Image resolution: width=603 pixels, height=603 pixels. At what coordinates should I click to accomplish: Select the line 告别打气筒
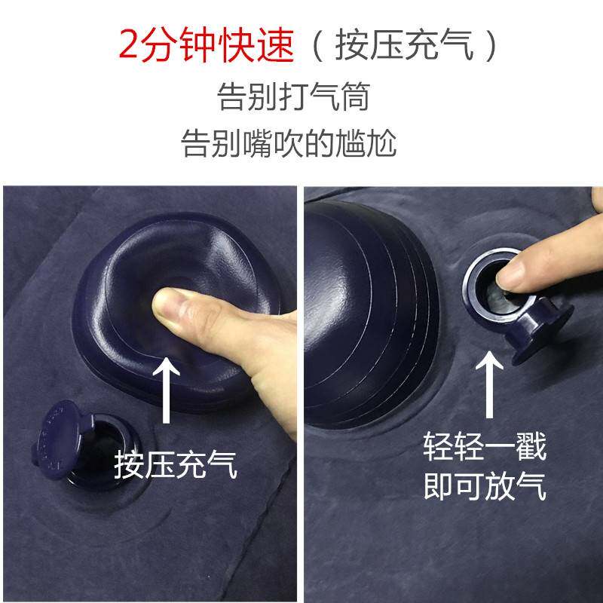click(293, 99)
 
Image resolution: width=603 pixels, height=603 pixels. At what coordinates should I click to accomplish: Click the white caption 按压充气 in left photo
click(176, 464)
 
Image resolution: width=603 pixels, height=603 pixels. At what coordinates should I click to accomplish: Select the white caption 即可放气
click(485, 488)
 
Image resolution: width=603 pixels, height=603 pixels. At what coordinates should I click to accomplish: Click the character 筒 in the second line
click(354, 99)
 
